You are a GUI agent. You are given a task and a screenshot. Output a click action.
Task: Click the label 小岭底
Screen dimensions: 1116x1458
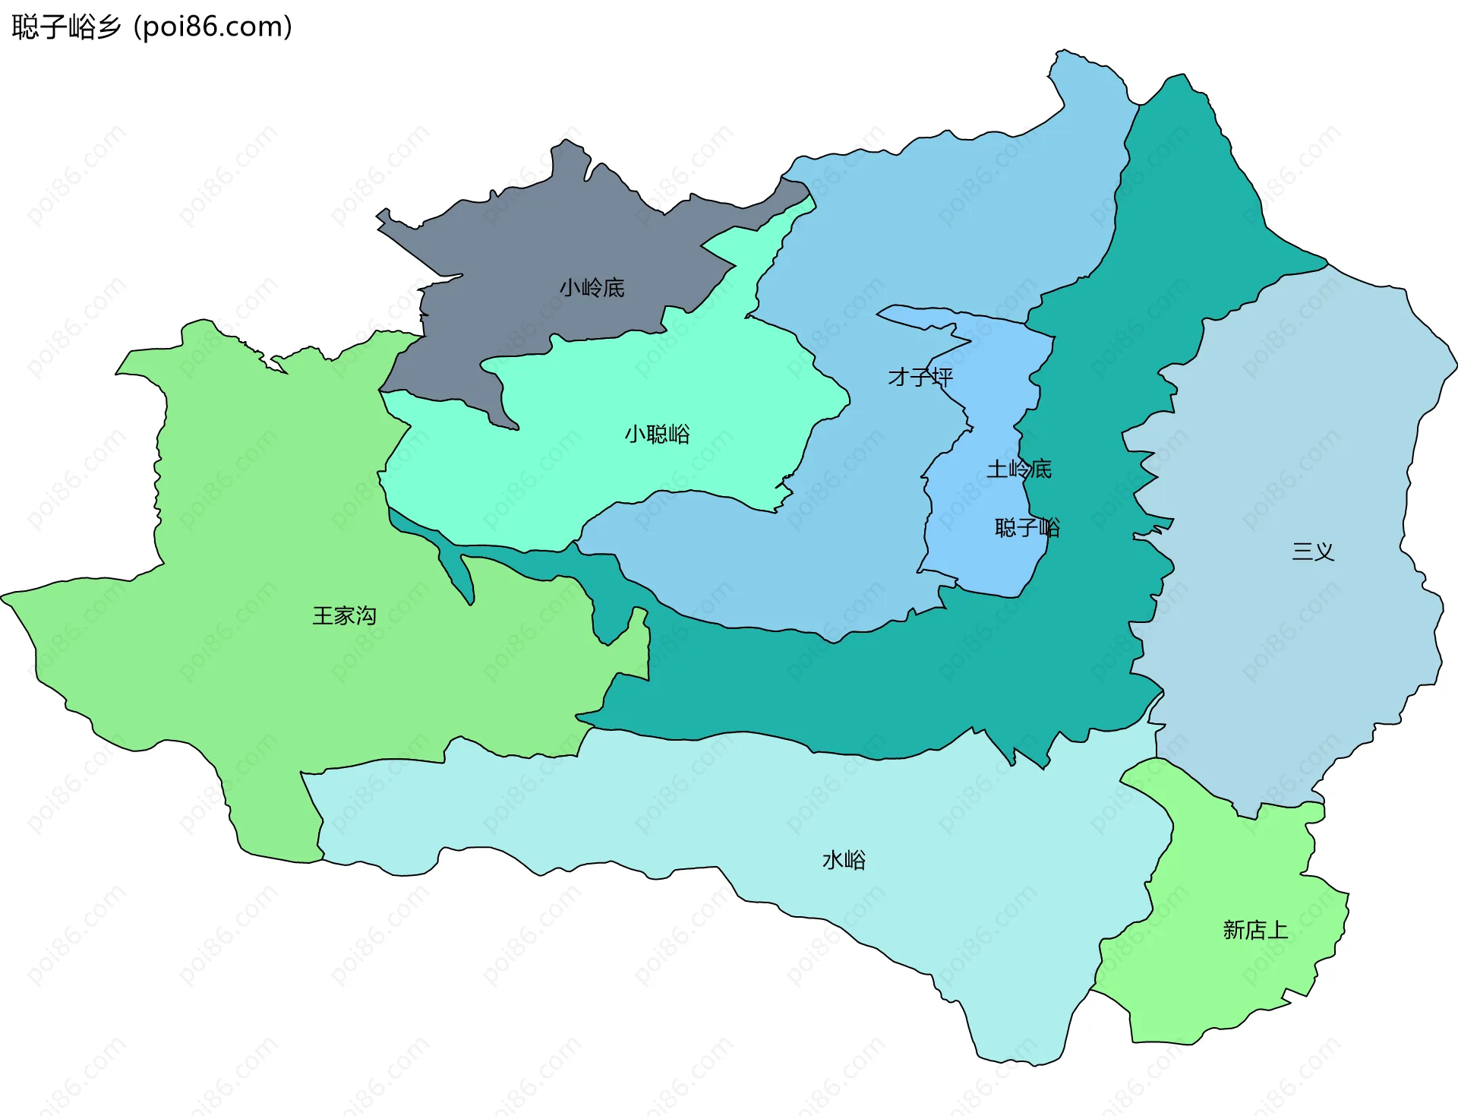(x=592, y=288)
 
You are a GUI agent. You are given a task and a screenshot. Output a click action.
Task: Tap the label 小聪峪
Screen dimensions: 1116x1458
(x=657, y=435)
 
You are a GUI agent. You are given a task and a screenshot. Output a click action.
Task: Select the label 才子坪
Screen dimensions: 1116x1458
(x=920, y=377)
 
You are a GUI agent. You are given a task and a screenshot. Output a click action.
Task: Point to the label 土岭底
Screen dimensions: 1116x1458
(x=1018, y=469)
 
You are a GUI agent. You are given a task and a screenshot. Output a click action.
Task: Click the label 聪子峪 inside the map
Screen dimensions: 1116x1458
(x=1027, y=527)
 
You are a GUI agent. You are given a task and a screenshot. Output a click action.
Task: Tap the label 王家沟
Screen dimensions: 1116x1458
(x=344, y=615)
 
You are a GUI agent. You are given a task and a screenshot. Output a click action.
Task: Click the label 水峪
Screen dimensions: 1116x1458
(x=844, y=860)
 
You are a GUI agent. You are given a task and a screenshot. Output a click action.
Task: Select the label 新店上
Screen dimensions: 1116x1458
(x=1254, y=930)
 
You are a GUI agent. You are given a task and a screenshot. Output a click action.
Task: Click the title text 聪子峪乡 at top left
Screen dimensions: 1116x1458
(x=67, y=27)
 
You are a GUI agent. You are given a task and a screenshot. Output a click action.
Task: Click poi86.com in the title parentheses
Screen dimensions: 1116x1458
(x=213, y=27)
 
